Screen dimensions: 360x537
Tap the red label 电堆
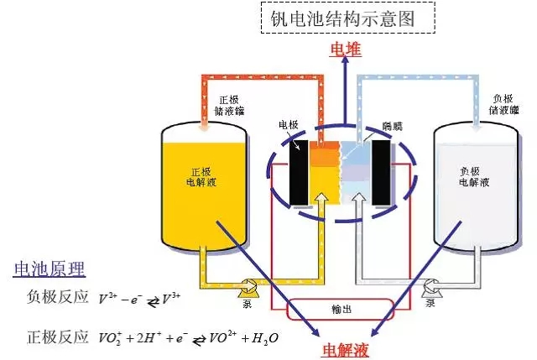pyautogui.click(x=346, y=50)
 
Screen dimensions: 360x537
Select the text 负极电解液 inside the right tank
pyautogui.click(x=475, y=175)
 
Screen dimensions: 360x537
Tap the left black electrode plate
pyautogui.click(x=298, y=173)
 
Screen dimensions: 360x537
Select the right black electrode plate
pyautogui.click(x=383, y=173)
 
